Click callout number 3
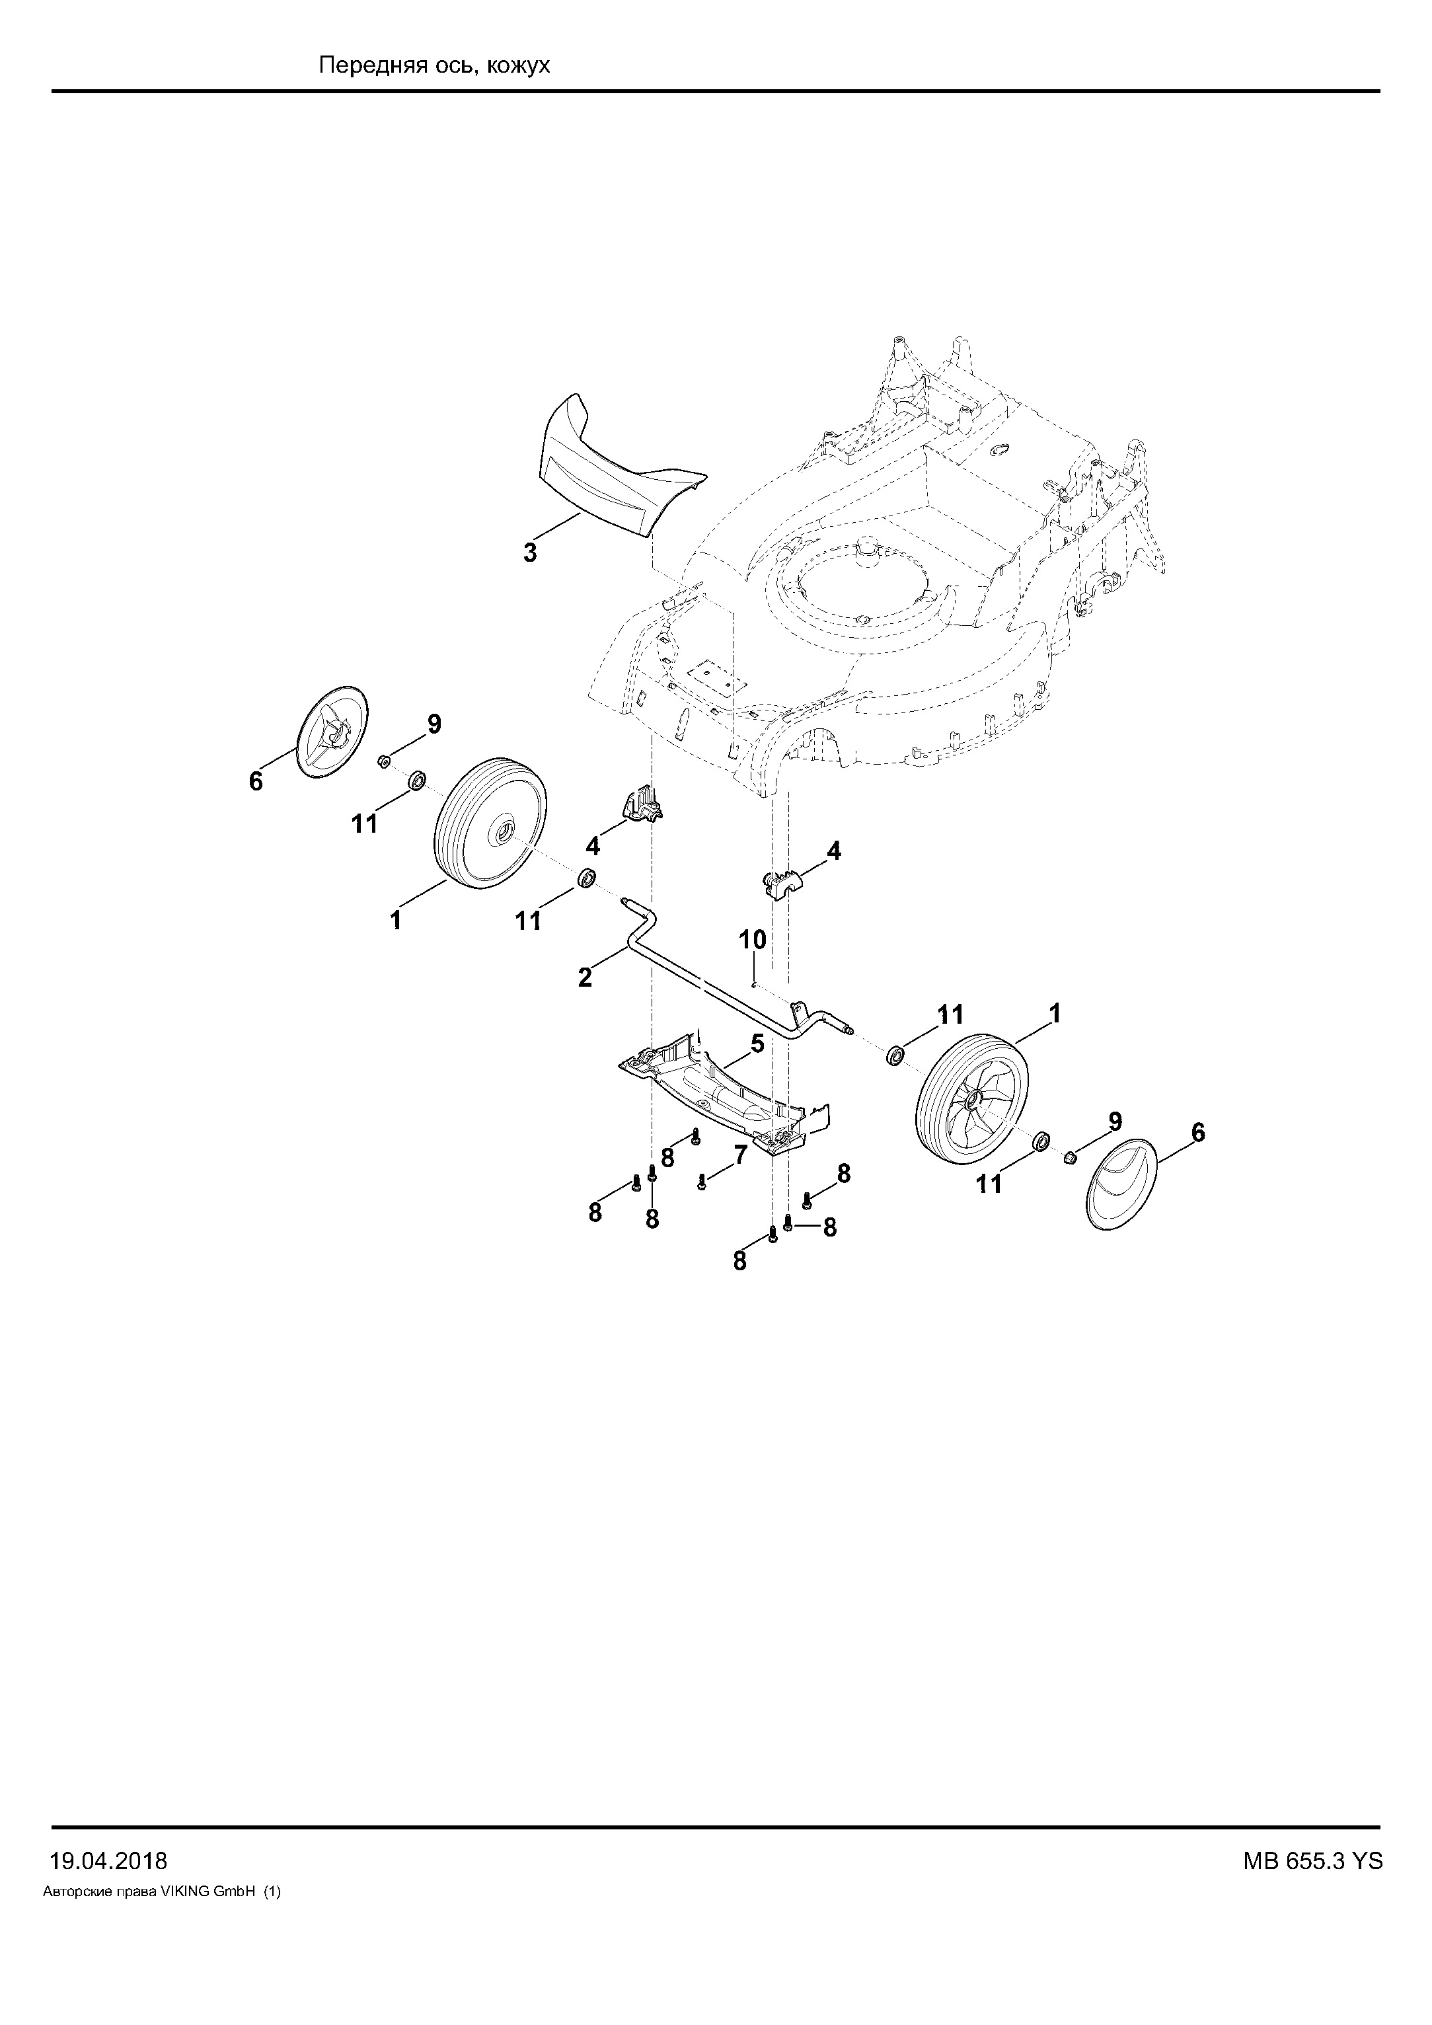(x=530, y=554)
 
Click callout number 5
(x=757, y=1044)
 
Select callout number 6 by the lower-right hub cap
(x=1197, y=1131)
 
